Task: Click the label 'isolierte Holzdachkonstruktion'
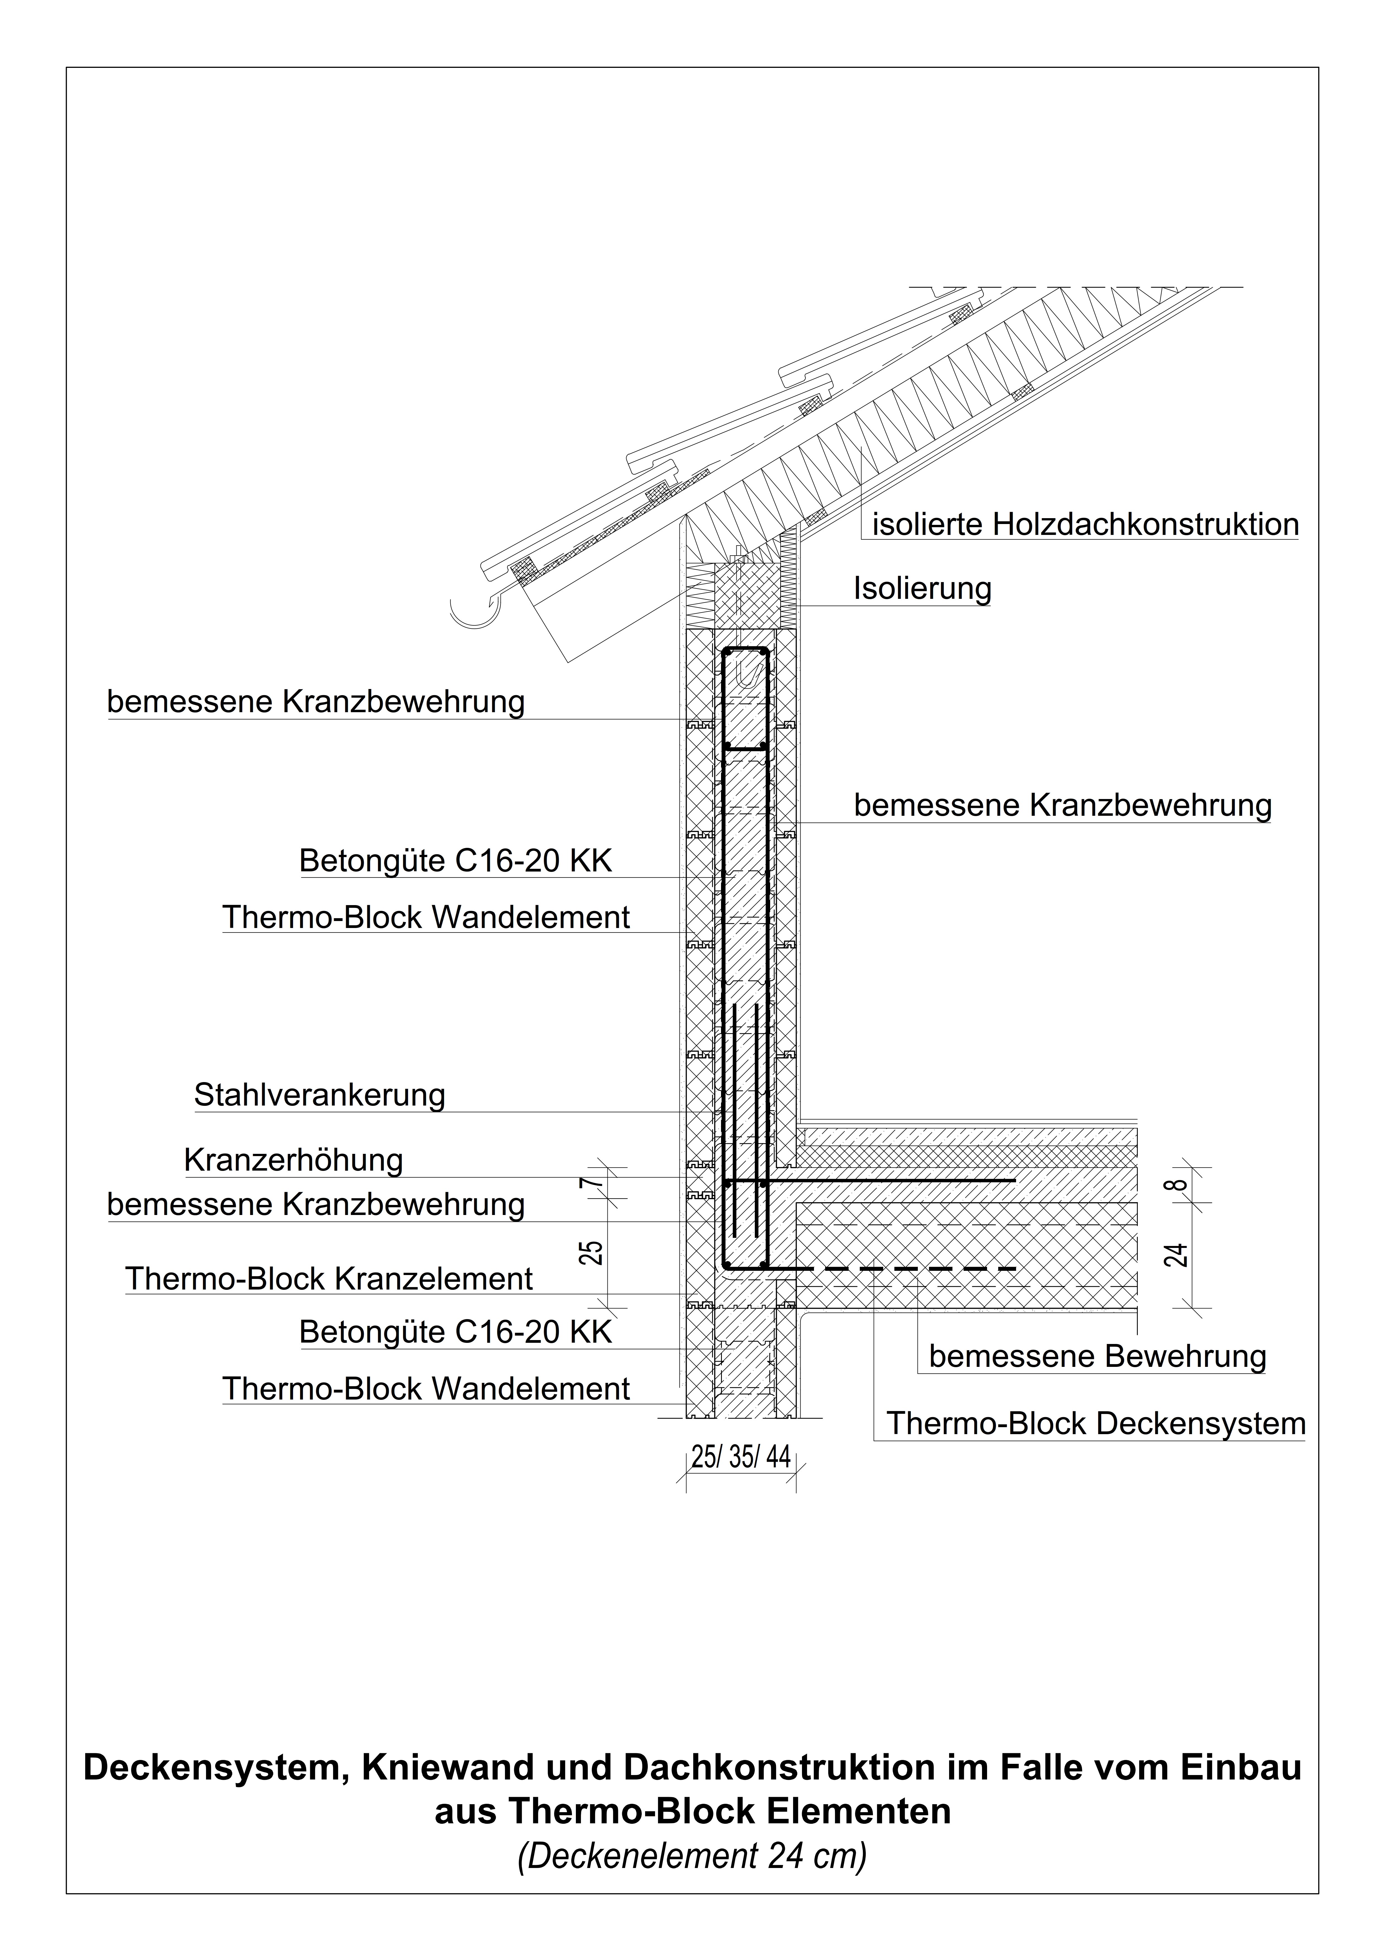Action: pos(1084,525)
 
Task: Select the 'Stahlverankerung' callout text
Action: pos(319,1095)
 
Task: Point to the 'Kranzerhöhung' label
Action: pos(293,1160)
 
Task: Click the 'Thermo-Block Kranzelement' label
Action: pos(329,1279)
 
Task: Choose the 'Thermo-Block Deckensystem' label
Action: pos(1096,1423)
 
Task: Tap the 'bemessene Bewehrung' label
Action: pos(1097,1356)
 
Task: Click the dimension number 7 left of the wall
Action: pos(595,1183)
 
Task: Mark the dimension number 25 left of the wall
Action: pos(595,1252)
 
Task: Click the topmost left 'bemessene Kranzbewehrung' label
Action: pos(316,701)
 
